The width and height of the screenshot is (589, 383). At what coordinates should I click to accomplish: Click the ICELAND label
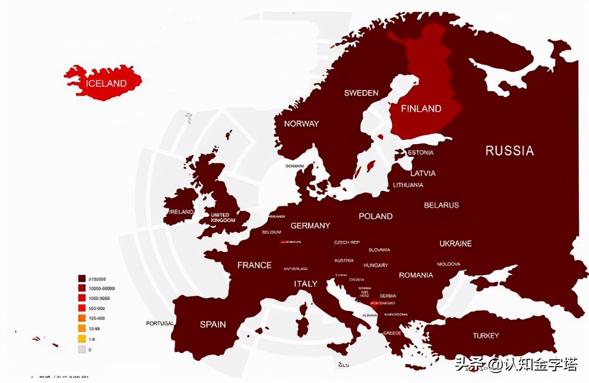tap(106, 83)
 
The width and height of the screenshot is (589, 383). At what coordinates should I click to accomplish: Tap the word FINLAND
tap(421, 108)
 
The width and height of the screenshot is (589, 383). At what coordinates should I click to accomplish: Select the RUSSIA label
tap(510, 151)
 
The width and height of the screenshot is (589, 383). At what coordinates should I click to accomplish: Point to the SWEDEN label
tap(361, 93)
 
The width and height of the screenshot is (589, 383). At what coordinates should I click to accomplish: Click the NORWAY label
tap(301, 123)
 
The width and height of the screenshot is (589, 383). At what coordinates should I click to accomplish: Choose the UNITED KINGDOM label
tap(223, 217)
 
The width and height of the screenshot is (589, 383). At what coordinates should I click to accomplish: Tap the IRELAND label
tap(181, 212)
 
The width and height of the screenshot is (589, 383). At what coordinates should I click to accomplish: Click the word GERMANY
tap(310, 226)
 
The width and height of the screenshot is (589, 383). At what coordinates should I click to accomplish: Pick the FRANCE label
tap(255, 265)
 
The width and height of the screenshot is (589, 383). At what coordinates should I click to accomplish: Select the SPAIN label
tap(213, 324)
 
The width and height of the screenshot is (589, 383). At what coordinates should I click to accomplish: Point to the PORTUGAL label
tap(160, 324)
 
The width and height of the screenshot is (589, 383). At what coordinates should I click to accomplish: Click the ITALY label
tap(306, 284)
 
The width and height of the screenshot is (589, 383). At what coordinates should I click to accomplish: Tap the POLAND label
tap(376, 216)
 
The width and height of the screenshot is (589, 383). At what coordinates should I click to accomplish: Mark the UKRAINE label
tap(455, 244)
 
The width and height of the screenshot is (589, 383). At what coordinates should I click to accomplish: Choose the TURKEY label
tap(486, 336)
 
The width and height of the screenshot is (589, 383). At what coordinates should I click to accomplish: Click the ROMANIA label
tap(416, 275)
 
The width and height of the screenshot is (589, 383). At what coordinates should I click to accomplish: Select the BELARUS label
tap(441, 205)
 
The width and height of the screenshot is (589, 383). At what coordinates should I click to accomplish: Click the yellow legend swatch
tap(82, 339)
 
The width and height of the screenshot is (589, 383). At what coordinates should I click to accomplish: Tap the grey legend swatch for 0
tap(82, 349)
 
